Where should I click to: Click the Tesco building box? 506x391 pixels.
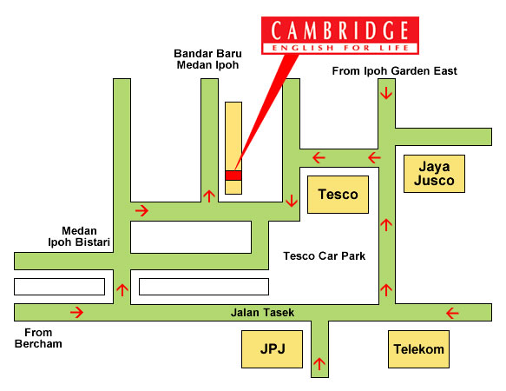pyautogui.click(x=338, y=195)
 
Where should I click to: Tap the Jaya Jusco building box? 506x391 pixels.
pyautogui.click(x=434, y=174)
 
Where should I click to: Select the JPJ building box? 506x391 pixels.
pyautogui.click(x=272, y=349)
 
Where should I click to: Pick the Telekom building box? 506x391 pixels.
pyautogui.click(x=418, y=349)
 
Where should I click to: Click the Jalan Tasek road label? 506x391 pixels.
pyautogui.click(x=262, y=313)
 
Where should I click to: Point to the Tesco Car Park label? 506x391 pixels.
pyautogui.click(x=325, y=256)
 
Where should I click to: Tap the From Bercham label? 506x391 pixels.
pyautogui.click(x=38, y=338)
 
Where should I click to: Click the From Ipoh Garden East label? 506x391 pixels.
pyautogui.click(x=394, y=71)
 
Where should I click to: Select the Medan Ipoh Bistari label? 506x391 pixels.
pyautogui.click(x=79, y=236)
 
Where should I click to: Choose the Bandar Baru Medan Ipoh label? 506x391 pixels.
pyautogui.click(x=207, y=59)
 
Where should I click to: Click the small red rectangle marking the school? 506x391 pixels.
pyautogui.click(x=233, y=176)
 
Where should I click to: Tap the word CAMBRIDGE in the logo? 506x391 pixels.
pyautogui.click(x=340, y=30)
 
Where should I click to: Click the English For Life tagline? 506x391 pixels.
pyautogui.click(x=340, y=48)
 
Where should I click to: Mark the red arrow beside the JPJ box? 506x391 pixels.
pyautogui.click(x=319, y=364)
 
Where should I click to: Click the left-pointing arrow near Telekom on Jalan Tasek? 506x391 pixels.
pyautogui.click(x=452, y=313)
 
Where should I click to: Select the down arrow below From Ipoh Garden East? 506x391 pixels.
pyautogui.click(x=386, y=93)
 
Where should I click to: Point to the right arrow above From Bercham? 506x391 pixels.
pyautogui.click(x=76, y=312)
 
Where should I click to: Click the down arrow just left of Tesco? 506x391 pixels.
pyautogui.click(x=292, y=201)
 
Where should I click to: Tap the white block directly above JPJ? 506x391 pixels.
pyautogui.click(x=204, y=287)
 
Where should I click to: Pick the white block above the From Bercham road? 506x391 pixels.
pyautogui.click(x=59, y=287)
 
